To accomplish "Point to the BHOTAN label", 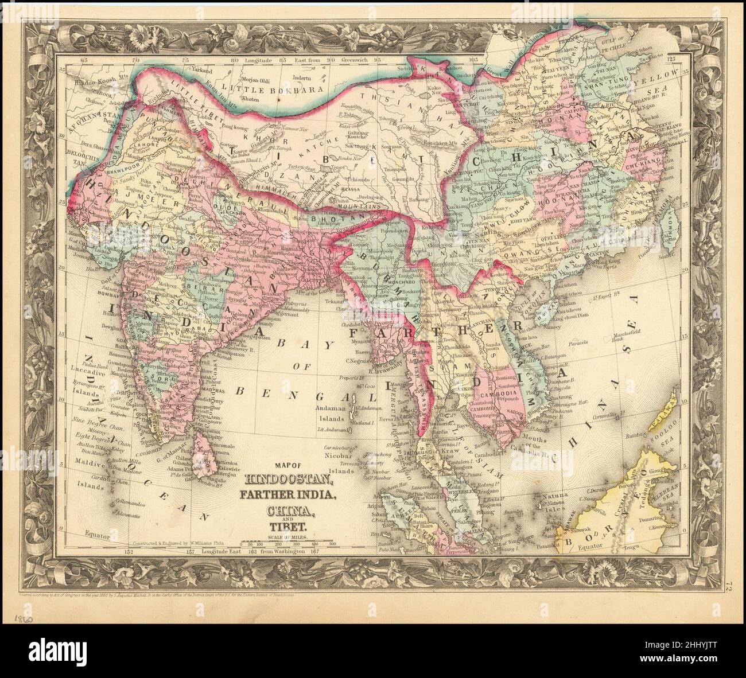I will pos(333,219).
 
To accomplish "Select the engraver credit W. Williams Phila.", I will pos(210,542).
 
